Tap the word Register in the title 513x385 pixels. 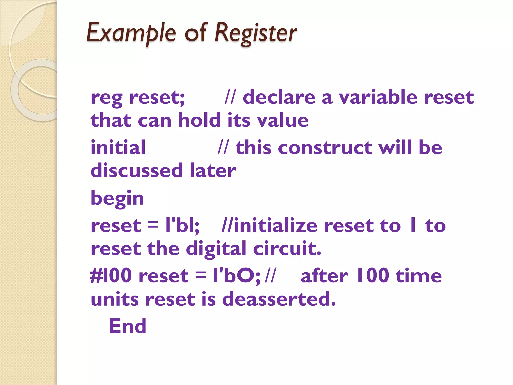coord(256,33)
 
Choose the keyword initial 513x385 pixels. coord(118,147)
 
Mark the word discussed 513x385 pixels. coord(137,170)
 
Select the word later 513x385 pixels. coord(213,170)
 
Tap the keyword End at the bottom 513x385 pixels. coord(127,326)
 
